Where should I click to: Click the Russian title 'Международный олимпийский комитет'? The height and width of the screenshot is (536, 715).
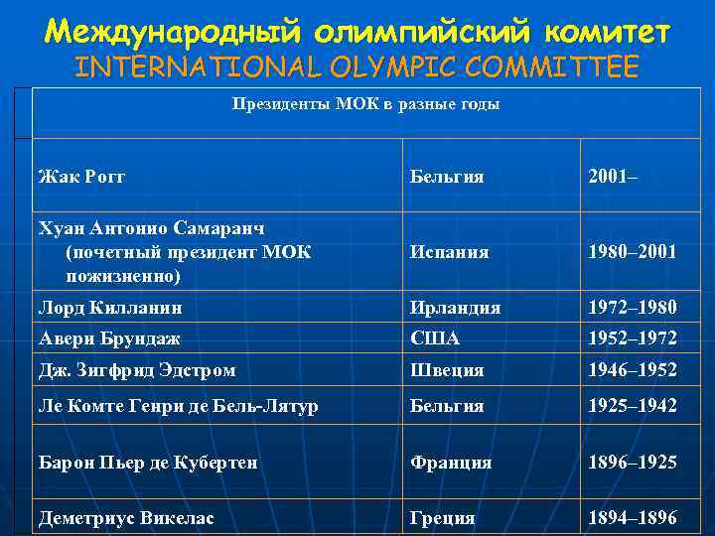[x=357, y=32]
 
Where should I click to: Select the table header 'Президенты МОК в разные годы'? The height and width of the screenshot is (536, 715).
[x=365, y=104]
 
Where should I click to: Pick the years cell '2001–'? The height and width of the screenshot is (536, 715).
[x=613, y=177]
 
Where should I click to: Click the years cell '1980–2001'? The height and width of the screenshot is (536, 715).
[x=633, y=252]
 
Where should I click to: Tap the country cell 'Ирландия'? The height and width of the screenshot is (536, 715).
[x=455, y=308]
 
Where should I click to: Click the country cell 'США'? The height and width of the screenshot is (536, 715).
[x=435, y=338]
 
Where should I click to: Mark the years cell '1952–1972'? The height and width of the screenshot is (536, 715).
[x=633, y=338]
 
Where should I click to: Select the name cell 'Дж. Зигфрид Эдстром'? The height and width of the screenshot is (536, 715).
[x=137, y=370]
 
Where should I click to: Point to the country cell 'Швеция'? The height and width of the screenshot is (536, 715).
[x=447, y=370]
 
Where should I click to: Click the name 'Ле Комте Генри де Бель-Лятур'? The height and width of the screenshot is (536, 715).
[x=178, y=406]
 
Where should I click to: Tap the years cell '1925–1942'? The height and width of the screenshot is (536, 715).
[x=633, y=406]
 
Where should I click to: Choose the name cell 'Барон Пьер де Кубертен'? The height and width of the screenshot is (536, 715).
[x=148, y=463]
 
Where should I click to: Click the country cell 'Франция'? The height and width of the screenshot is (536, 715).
[x=451, y=463]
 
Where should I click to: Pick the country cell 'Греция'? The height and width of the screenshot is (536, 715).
[x=442, y=518]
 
